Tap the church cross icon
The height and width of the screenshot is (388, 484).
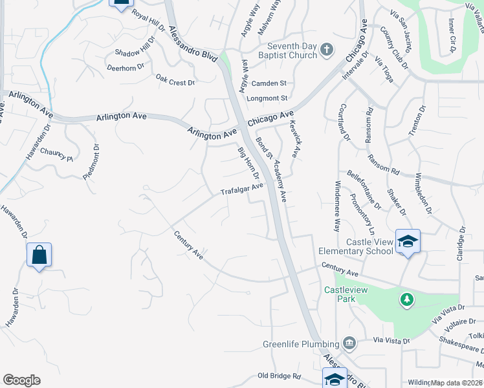tap(327, 49)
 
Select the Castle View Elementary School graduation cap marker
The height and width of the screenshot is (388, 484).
tap(408, 242)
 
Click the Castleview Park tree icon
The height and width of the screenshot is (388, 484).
tap(407, 300)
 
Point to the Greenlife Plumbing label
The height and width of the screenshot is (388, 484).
tap(302, 344)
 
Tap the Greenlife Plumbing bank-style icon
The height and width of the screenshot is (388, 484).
tap(350, 343)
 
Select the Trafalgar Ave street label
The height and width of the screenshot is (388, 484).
tap(241, 189)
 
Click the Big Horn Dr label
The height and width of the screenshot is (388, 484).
tap(248, 164)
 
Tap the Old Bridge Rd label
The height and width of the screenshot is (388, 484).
tap(280, 376)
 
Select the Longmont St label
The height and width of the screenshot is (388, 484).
tap(267, 98)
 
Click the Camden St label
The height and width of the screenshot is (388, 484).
tap(269, 83)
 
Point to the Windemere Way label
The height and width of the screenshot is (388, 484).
tap(336, 211)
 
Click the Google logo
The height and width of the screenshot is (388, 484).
tap(21, 380)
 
